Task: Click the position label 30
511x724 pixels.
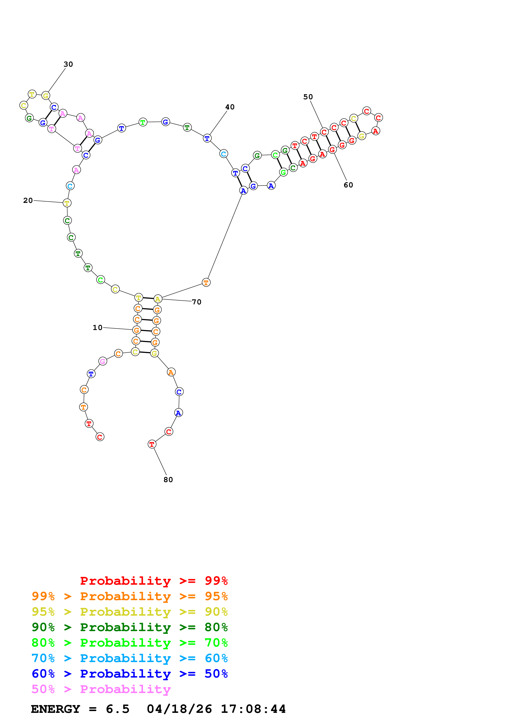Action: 68,64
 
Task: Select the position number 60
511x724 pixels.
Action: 348,185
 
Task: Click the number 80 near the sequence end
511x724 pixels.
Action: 168,480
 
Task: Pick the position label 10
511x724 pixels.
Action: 98,328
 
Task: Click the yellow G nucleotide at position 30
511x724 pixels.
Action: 46,96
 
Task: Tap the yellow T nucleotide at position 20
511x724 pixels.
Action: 67,203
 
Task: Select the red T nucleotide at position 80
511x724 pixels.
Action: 152,444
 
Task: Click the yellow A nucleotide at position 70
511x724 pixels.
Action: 158,299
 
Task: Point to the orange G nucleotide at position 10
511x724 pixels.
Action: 136,330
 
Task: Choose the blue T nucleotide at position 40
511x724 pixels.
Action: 207,138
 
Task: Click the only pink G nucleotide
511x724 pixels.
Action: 103,361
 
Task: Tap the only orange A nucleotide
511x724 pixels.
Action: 171,372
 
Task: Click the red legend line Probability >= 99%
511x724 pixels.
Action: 154,581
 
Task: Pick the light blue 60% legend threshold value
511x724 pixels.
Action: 216,658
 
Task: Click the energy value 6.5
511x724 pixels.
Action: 117,709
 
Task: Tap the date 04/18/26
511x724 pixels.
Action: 179,709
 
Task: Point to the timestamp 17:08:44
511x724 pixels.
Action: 253,709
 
